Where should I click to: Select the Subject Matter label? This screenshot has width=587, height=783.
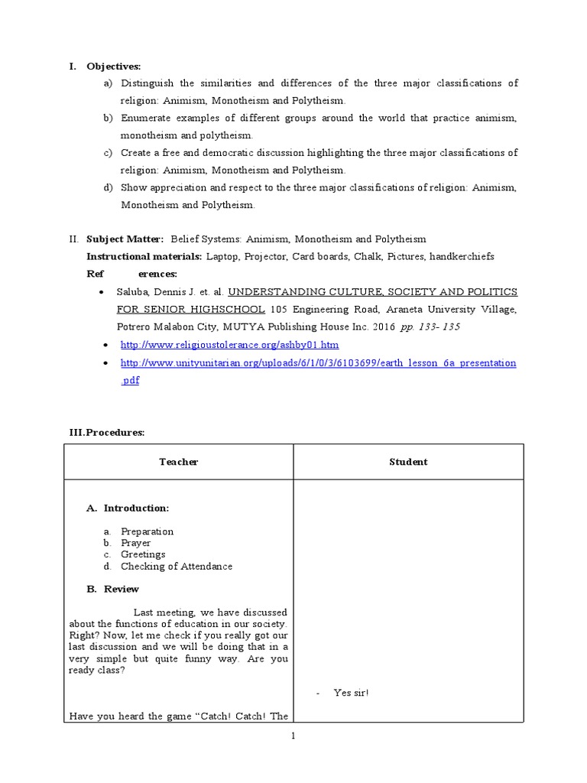125,239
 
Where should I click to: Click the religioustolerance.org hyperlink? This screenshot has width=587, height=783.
229,345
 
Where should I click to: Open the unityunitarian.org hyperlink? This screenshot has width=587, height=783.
318,362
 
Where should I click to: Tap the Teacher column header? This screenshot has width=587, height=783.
179,462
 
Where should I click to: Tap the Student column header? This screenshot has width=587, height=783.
408,462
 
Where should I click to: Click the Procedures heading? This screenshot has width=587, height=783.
107,433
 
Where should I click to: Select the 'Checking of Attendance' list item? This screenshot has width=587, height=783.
176,567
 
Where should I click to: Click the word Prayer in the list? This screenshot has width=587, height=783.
135,543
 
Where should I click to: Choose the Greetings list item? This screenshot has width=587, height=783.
143,554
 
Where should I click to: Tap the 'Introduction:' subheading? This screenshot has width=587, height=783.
137,508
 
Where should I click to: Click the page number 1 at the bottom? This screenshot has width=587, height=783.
293,736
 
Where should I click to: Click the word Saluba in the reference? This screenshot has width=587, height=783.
134,292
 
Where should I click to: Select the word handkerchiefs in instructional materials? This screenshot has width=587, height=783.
462,257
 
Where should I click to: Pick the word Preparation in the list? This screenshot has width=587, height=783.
147,531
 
